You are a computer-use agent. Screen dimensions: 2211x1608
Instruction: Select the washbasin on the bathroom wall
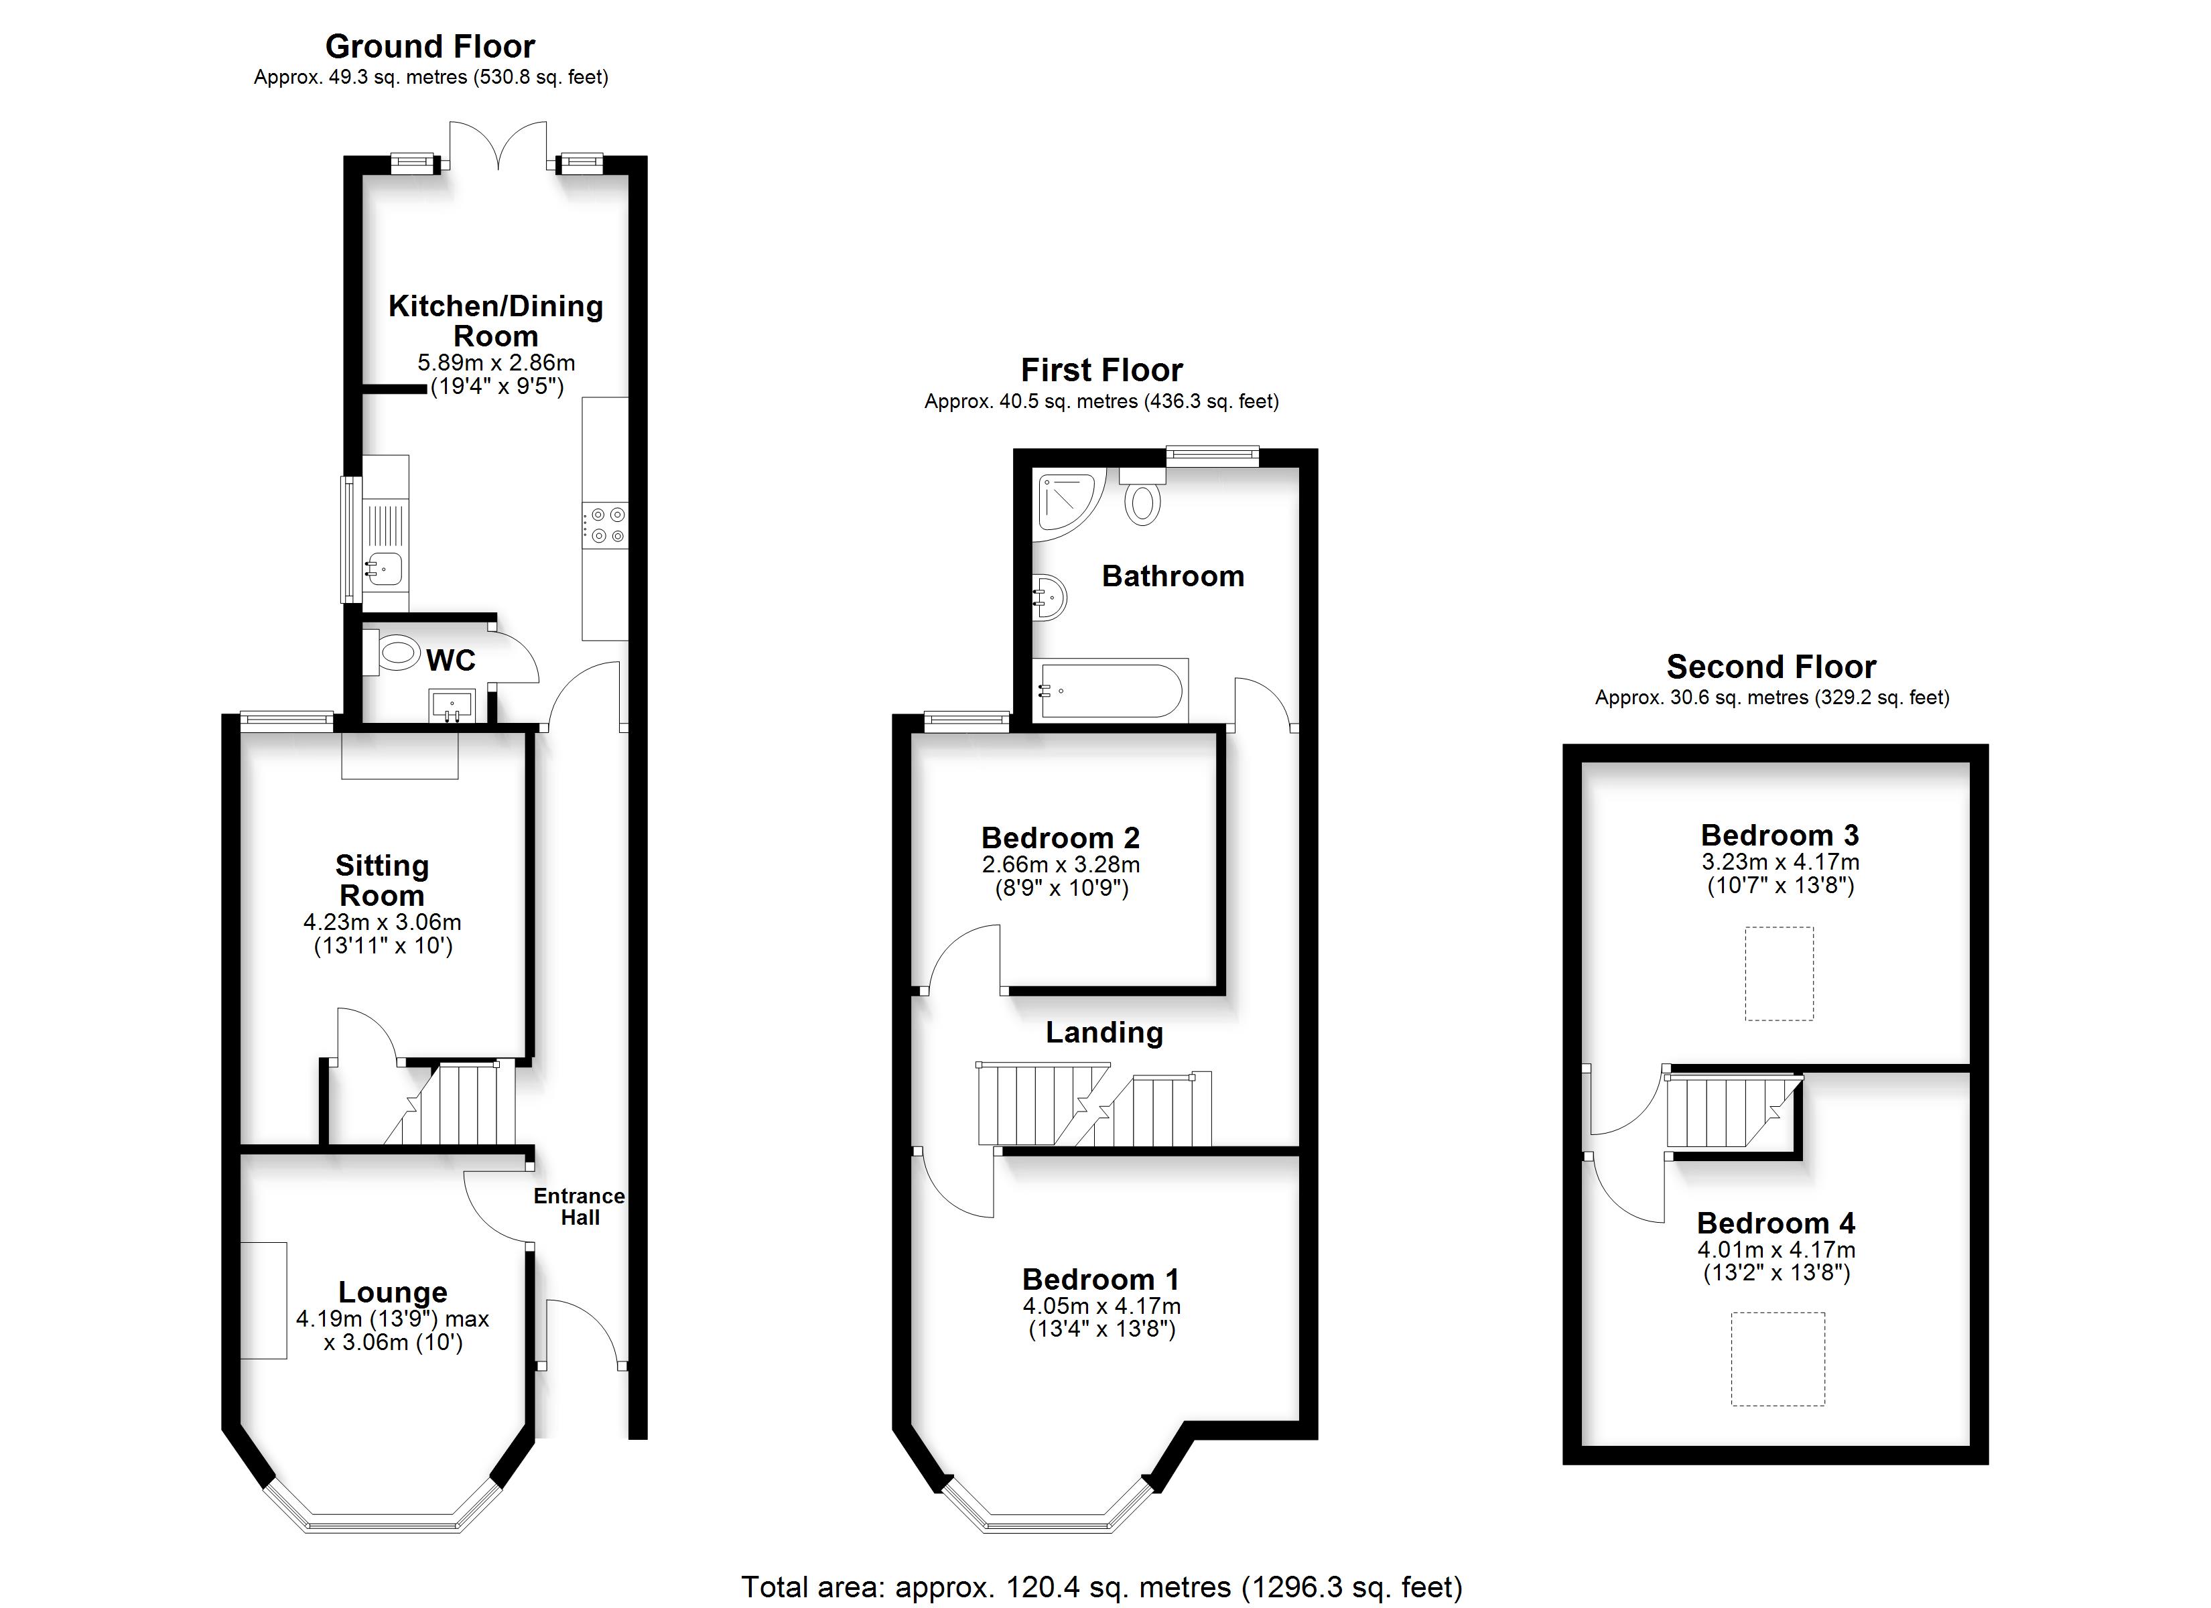1049,596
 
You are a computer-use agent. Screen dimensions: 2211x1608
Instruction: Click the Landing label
1105,1032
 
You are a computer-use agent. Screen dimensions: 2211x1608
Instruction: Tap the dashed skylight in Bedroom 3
1779,974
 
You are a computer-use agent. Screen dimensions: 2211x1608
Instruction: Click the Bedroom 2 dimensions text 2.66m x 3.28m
1061,864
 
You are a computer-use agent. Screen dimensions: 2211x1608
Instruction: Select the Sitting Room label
382,880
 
